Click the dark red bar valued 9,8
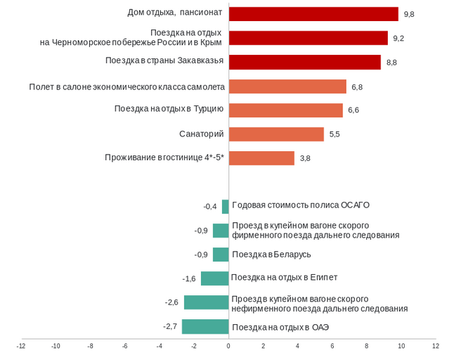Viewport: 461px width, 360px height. coord(313,14)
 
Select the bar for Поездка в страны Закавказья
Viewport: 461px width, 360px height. coord(304,62)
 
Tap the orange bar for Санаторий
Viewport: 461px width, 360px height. coord(276,134)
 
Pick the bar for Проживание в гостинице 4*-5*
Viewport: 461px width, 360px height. coord(261,158)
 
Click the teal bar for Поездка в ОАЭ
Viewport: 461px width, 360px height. coord(205,326)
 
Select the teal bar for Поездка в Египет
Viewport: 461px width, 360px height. coord(214,278)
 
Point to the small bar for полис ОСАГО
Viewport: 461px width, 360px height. coord(225,207)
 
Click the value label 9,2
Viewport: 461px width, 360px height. coord(398,39)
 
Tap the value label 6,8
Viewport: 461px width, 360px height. coord(357,87)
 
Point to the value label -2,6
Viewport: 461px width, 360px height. coord(171,302)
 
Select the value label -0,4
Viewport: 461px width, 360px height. coord(210,207)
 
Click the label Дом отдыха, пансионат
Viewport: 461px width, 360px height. coord(175,12)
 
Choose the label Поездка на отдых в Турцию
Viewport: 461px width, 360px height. coord(169,109)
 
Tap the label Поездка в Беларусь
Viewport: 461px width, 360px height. coord(271,254)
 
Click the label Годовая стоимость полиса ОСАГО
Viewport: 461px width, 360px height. coord(301,205)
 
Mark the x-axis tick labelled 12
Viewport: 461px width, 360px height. coord(436,346)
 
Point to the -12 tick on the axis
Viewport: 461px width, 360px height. coord(21,346)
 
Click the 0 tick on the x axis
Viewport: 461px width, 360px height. coord(228,346)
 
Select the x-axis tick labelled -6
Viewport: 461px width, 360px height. coord(124,346)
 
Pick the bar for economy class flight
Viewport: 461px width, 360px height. coord(287,86)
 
